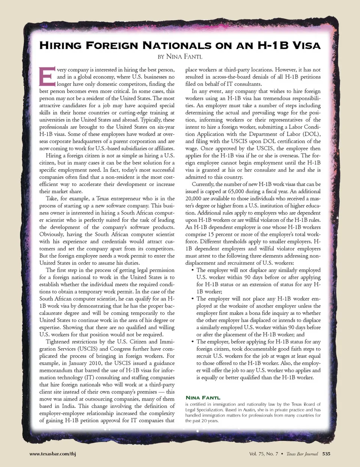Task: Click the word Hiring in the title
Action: [60, 46]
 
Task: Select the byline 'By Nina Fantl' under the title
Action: [180, 57]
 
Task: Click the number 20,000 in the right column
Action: [193, 198]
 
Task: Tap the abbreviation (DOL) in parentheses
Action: [312, 134]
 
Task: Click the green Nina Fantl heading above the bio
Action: [203, 398]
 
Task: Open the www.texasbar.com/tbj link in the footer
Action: [52, 454]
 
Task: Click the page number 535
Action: [326, 454]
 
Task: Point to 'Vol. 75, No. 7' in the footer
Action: [264, 454]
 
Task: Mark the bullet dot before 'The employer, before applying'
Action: [192, 342]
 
